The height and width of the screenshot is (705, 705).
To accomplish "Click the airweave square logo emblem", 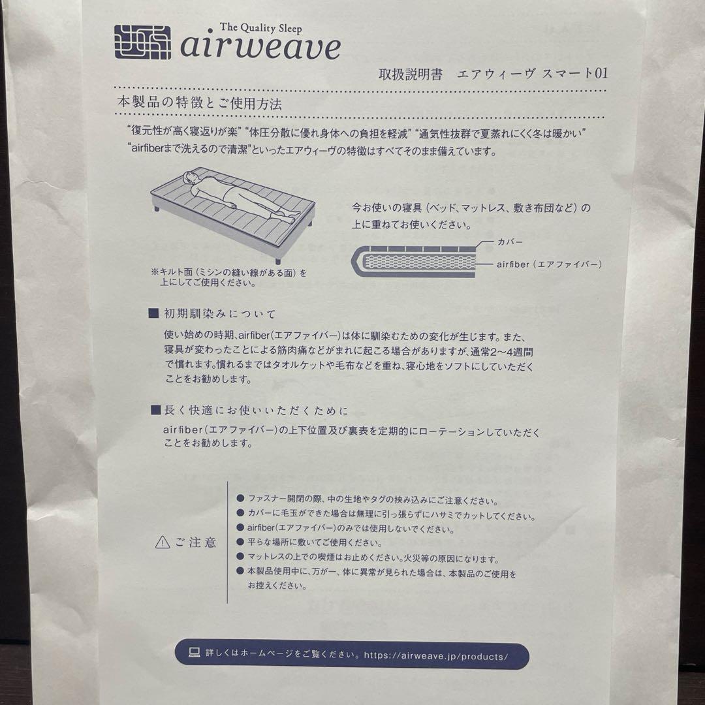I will [142, 43].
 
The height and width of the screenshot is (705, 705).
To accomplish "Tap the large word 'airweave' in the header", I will [260, 48].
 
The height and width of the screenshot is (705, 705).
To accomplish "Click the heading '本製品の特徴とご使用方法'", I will [200, 102].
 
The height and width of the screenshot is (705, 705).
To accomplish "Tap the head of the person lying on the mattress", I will [191, 176].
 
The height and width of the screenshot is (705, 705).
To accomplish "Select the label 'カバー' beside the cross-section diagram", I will [510, 242].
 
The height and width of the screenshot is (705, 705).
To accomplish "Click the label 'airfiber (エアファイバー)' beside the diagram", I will [548, 264].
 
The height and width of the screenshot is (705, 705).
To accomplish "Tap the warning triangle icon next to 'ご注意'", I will [163, 542].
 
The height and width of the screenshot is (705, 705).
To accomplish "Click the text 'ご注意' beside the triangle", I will [195, 542].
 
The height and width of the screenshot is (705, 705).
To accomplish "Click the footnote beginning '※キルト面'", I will [228, 277].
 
